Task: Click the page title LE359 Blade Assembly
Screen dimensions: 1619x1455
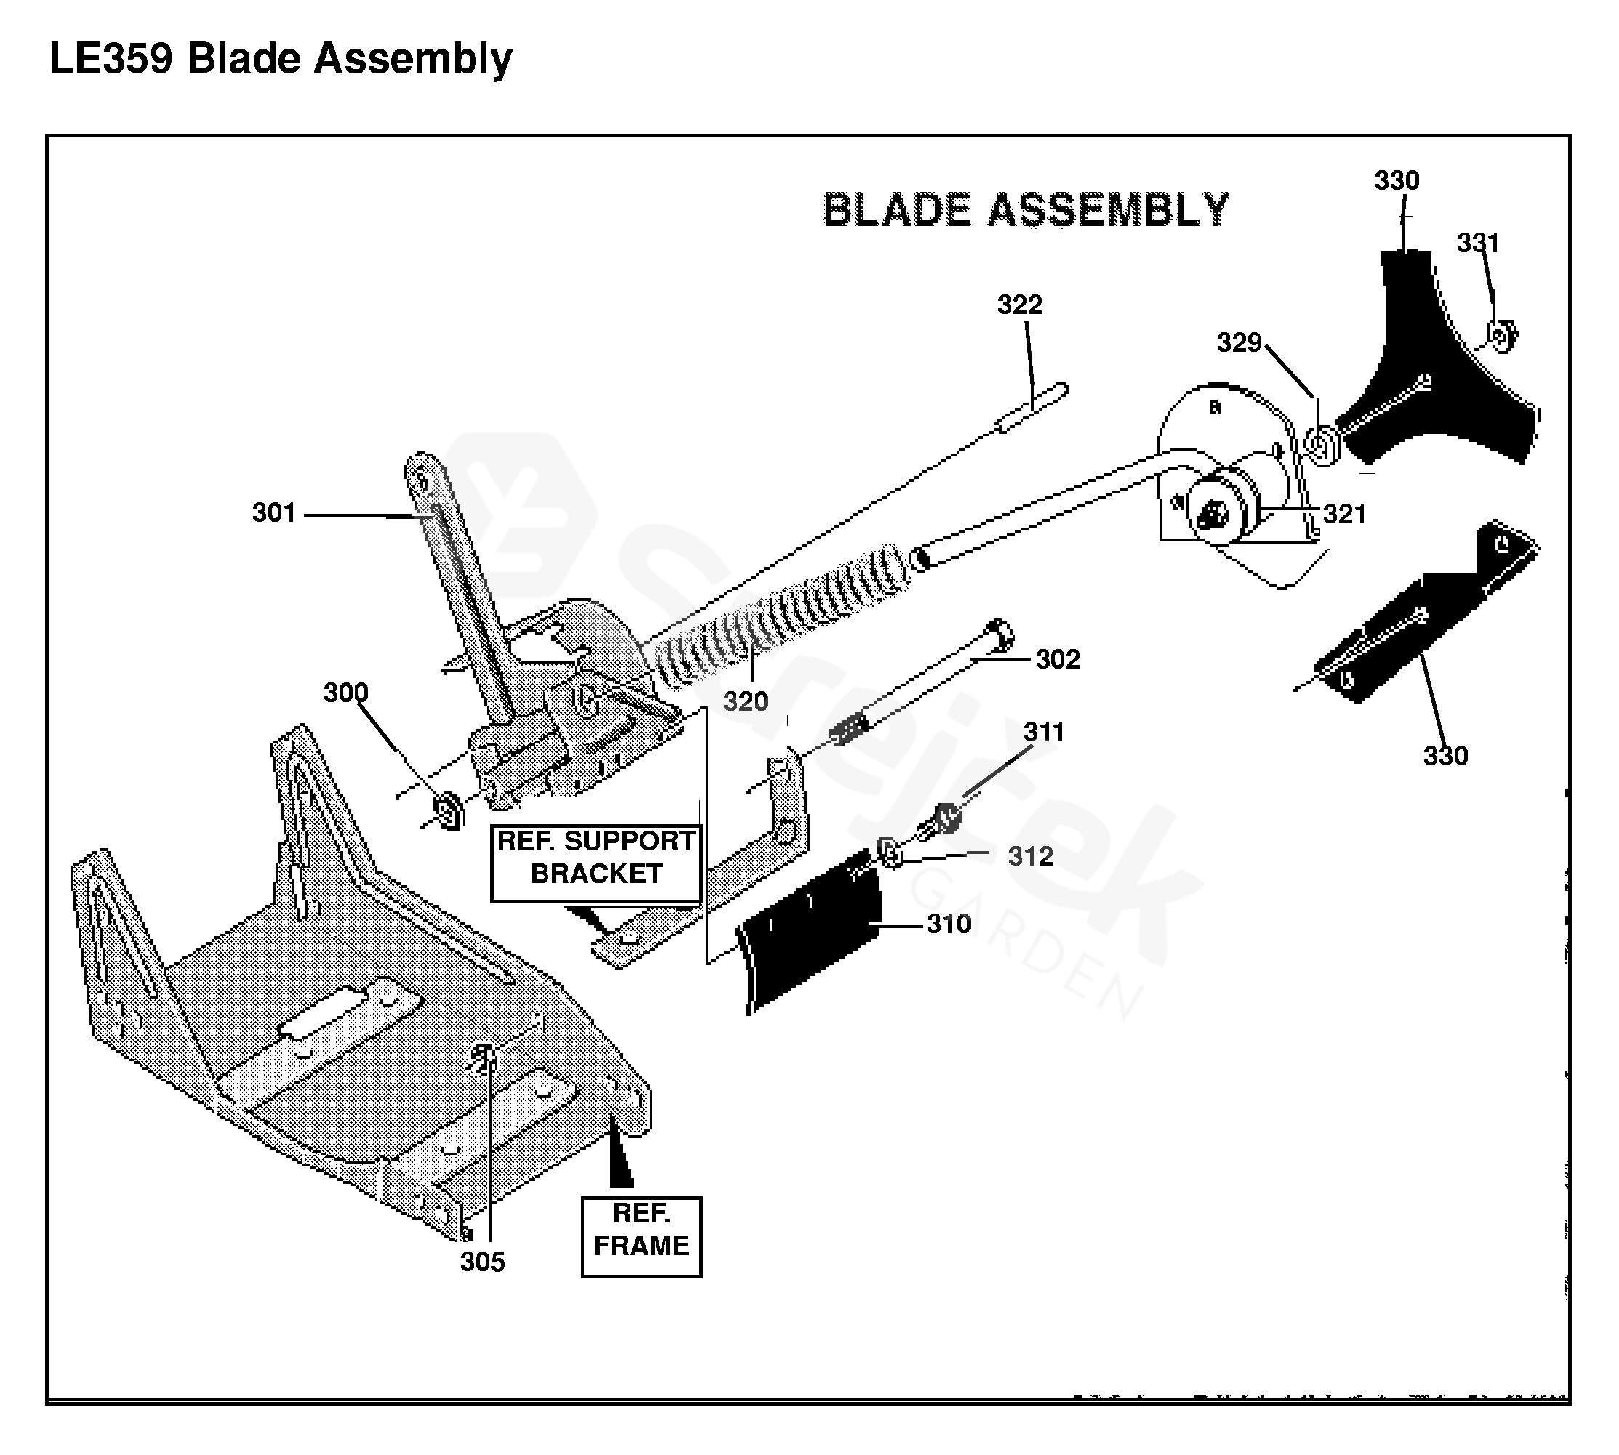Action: point(281,59)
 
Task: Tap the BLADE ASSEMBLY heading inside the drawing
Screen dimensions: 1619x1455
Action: point(1026,210)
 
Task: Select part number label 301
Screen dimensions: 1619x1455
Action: point(274,512)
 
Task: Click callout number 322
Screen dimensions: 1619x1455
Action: point(1019,305)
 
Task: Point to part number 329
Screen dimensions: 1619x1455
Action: point(1240,343)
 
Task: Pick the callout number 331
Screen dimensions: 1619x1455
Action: point(1477,243)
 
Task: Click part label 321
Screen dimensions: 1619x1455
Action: point(1345,514)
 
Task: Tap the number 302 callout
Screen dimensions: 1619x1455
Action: point(1058,660)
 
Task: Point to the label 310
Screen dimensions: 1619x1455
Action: point(949,924)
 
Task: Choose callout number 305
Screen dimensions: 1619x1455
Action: point(482,1262)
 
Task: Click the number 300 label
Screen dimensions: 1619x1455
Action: point(345,693)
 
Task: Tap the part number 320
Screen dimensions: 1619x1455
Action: point(745,702)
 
